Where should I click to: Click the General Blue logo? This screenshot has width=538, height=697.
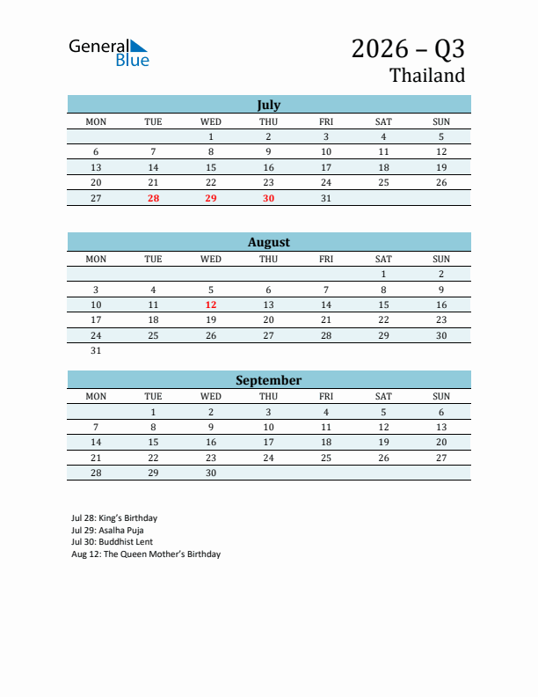pyautogui.click(x=109, y=52)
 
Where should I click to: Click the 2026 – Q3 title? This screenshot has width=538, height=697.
pyautogui.click(x=408, y=48)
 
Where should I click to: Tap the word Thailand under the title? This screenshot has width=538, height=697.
pyautogui.click(x=427, y=76)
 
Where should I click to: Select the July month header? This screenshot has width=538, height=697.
pyautogui.click(x=268, y=105)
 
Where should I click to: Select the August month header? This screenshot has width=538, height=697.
pyautogui.click(x=268, y=242)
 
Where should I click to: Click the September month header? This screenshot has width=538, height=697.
pyautogui.click(x=268, y=380)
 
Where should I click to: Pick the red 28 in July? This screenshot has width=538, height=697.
pyautogui.click(x=153, y=198)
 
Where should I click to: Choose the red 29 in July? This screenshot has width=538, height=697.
pyautogui.click(x=211, y=198)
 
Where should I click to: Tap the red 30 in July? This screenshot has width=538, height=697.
pyautogui.click(x=268, y=198)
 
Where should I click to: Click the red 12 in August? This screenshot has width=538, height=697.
pyautogui.click(x=211, y=304)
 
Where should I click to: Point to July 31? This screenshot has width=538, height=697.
pyautogui.click(x=326, y=198)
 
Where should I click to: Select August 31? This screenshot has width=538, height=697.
pyautogui.click(x=96, y=350)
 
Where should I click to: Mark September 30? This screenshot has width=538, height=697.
pyautogui.click(x=211, y=473)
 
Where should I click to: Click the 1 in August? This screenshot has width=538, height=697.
pyautogui.click(x=383, y=274)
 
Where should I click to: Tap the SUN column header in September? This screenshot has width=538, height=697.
pyautogui.click(x=441, y=396)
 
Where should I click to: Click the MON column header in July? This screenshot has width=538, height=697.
pyautogui.click(x=96, y=121)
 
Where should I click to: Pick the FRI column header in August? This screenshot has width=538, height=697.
pyautogui.click(x=326, y=259)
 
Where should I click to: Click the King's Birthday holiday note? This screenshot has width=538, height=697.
pyautogui.click(x=114, y=518)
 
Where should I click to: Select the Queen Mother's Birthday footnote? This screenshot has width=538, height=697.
pyautogui.click(x=146, y=554)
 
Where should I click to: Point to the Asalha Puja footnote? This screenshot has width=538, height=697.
pyautogui.click(x=107, y=531)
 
